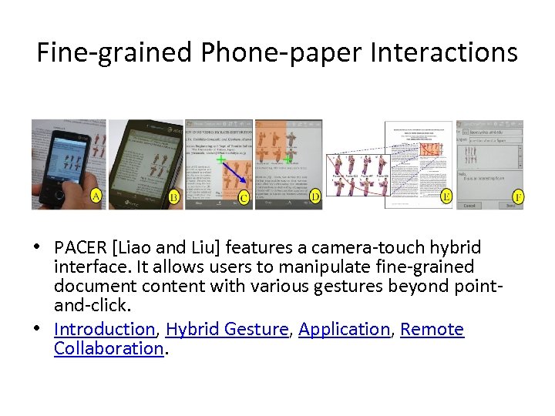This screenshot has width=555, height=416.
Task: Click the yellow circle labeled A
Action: [96, 196]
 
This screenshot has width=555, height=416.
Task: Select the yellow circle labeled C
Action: [244, 199]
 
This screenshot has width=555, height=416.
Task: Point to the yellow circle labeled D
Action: [315, 197]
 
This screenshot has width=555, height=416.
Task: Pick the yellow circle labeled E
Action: [446, 197]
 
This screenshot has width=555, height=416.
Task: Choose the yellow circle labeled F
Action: [518, 197]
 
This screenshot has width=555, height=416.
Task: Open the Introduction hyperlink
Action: [105, 329]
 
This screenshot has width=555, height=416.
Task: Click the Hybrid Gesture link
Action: [227, 329]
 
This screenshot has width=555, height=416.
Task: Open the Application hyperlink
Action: [344, 329]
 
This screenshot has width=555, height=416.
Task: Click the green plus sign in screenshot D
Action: [288, 159]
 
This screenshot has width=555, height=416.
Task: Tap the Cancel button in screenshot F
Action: [469, 206]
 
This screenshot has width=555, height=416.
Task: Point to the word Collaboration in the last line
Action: [108, 348]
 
